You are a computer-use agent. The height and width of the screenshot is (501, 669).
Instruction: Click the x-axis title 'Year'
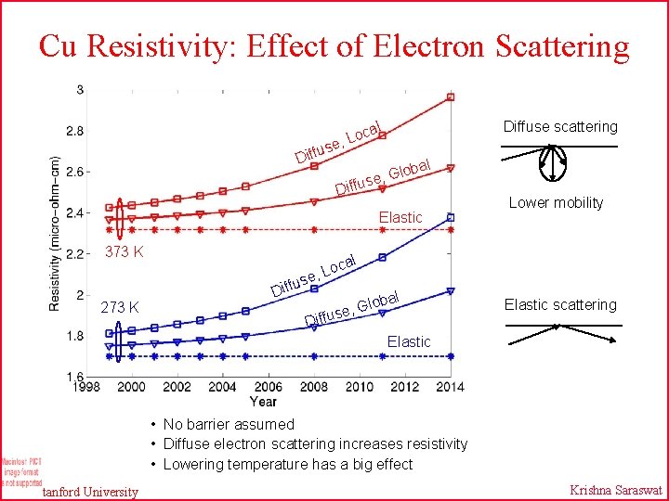263,401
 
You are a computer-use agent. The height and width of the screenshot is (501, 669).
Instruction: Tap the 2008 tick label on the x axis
314,386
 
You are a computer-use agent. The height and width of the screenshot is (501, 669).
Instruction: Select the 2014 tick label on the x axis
451,386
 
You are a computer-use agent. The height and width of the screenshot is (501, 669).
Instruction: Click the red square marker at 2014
451,97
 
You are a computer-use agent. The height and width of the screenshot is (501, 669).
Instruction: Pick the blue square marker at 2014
451,218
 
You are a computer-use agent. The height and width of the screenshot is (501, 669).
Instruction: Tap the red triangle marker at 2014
451,169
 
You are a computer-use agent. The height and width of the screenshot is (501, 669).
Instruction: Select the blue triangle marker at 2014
451,291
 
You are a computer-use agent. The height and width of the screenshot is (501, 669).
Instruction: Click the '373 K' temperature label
124,251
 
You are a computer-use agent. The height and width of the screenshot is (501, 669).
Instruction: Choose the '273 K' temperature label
120,307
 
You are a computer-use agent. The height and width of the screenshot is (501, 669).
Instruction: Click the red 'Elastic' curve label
400,217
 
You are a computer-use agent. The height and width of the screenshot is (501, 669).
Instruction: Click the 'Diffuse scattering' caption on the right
560,126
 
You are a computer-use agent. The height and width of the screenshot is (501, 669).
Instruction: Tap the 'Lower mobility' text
556,202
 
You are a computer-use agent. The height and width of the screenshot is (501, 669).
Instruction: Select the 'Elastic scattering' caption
560,304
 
